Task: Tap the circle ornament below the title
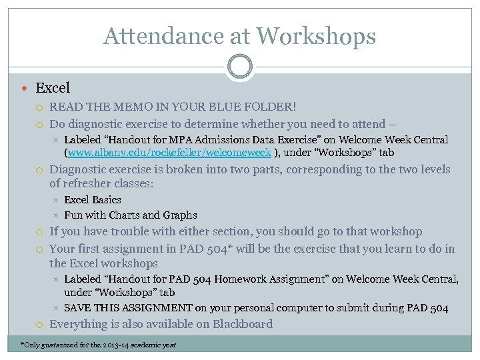click(x=239, y=67)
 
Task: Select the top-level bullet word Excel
click(x=53, y=88)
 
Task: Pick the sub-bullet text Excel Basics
click(x=93, y=200)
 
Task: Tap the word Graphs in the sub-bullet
click(x=181, y=215)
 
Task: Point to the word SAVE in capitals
click(x=77, y=308)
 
